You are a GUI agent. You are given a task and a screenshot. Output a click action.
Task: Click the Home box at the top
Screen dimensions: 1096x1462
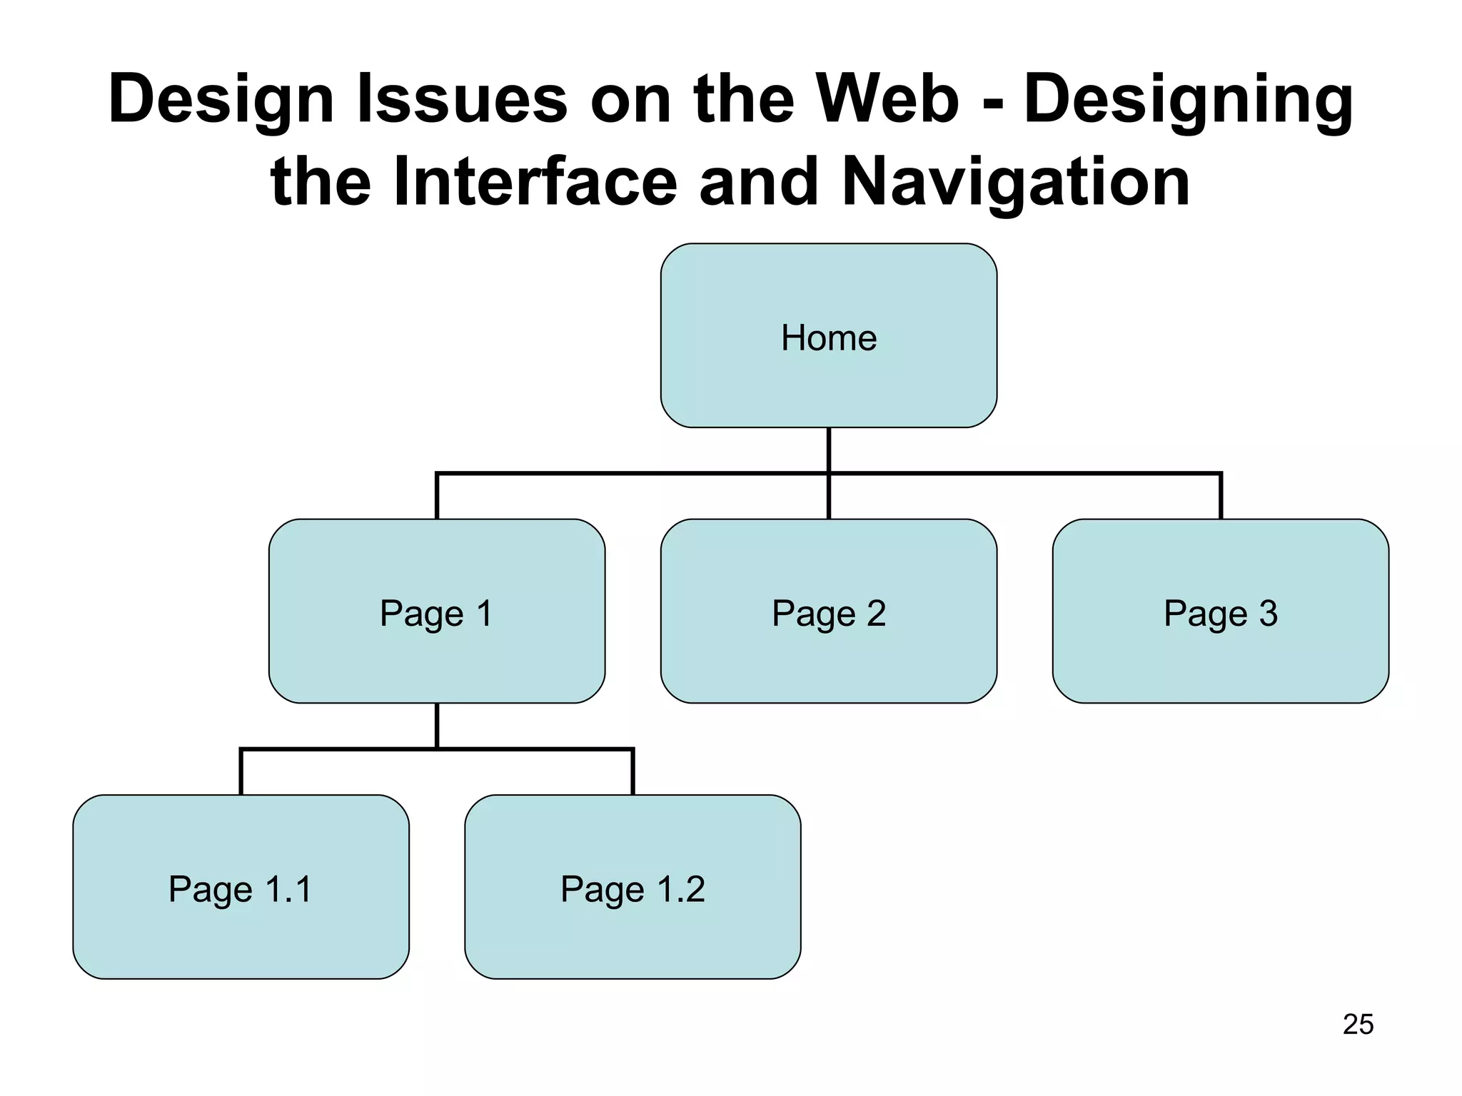[x=828, y=336]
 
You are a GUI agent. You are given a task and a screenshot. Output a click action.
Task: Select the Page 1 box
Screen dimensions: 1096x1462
[x=436, y=612]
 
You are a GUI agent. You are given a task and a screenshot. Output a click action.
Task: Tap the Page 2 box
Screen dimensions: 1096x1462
[x=828, y=612]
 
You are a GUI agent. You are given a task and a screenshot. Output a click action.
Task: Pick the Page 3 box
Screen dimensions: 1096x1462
[x=1220, y=612]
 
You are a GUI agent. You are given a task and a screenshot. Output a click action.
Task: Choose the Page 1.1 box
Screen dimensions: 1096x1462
[x=241, y=887]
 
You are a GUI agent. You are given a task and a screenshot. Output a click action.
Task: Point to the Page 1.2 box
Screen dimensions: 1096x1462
[x=632, y=887]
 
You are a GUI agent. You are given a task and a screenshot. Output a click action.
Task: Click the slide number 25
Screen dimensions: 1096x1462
[x=1358, y=1025]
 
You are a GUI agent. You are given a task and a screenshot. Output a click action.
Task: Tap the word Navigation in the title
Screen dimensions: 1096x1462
[x=1016, y=181]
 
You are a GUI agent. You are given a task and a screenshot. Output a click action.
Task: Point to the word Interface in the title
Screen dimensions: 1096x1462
[x=535, y=181]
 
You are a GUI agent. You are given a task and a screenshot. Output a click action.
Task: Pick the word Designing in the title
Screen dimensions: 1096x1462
[x=1189, y=100]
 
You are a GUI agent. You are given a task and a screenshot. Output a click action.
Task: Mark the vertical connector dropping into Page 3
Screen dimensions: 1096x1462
[x=1221, y=497]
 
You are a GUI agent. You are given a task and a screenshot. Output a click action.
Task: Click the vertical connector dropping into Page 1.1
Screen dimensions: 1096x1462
[x=241, y=772]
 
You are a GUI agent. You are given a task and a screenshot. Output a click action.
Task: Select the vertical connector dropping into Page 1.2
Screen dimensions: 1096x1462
[x=632, y=772]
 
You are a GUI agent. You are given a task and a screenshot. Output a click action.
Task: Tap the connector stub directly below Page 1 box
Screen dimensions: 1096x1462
[x=437, y=725]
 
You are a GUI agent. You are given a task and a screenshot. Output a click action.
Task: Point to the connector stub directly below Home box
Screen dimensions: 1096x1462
[x=829, y=450]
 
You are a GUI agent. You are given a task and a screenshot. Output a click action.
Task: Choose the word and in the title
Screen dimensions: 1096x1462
[x=758, y=181]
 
